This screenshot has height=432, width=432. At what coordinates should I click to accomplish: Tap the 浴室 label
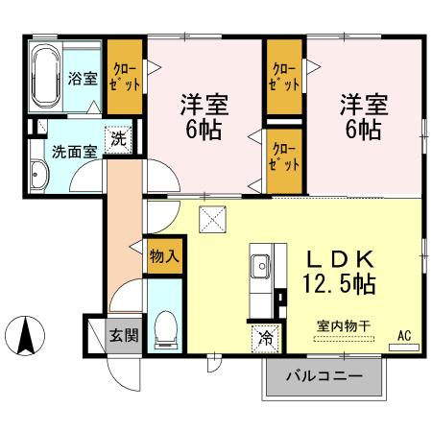[x=82, y=80]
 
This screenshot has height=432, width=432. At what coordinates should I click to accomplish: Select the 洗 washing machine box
[x=116, y=137]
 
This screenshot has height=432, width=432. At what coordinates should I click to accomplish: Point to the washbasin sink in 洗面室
[x=39, y=176]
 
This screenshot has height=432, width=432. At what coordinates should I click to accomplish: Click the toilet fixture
[x=164, y=328]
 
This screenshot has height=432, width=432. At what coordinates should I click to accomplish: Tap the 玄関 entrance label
[x=123, y=335]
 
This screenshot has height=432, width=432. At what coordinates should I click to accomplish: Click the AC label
[x=404, y=334]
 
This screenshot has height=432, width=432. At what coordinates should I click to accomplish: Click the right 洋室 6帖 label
[x=362, y=115]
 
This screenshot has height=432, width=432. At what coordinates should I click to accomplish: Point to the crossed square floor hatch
[x=211, y=220]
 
